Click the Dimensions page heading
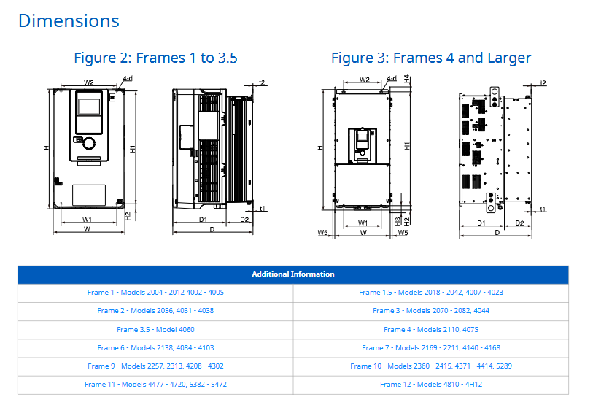69,21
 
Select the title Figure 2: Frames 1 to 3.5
155,58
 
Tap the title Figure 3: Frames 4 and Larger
431,58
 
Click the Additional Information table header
293,274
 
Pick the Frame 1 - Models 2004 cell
155,293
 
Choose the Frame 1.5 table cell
431,293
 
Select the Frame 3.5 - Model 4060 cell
155,330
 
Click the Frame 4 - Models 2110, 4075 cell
431,330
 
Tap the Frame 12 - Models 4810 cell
431,385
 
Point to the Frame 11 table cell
155,385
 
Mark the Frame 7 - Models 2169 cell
431,348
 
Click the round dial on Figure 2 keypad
89,143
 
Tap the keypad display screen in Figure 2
89,107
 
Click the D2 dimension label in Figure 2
244,220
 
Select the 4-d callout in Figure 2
128,79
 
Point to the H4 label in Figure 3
407,79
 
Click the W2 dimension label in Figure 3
365,80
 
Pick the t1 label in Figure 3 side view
543,209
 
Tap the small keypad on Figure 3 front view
363,145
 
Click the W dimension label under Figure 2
87,229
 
